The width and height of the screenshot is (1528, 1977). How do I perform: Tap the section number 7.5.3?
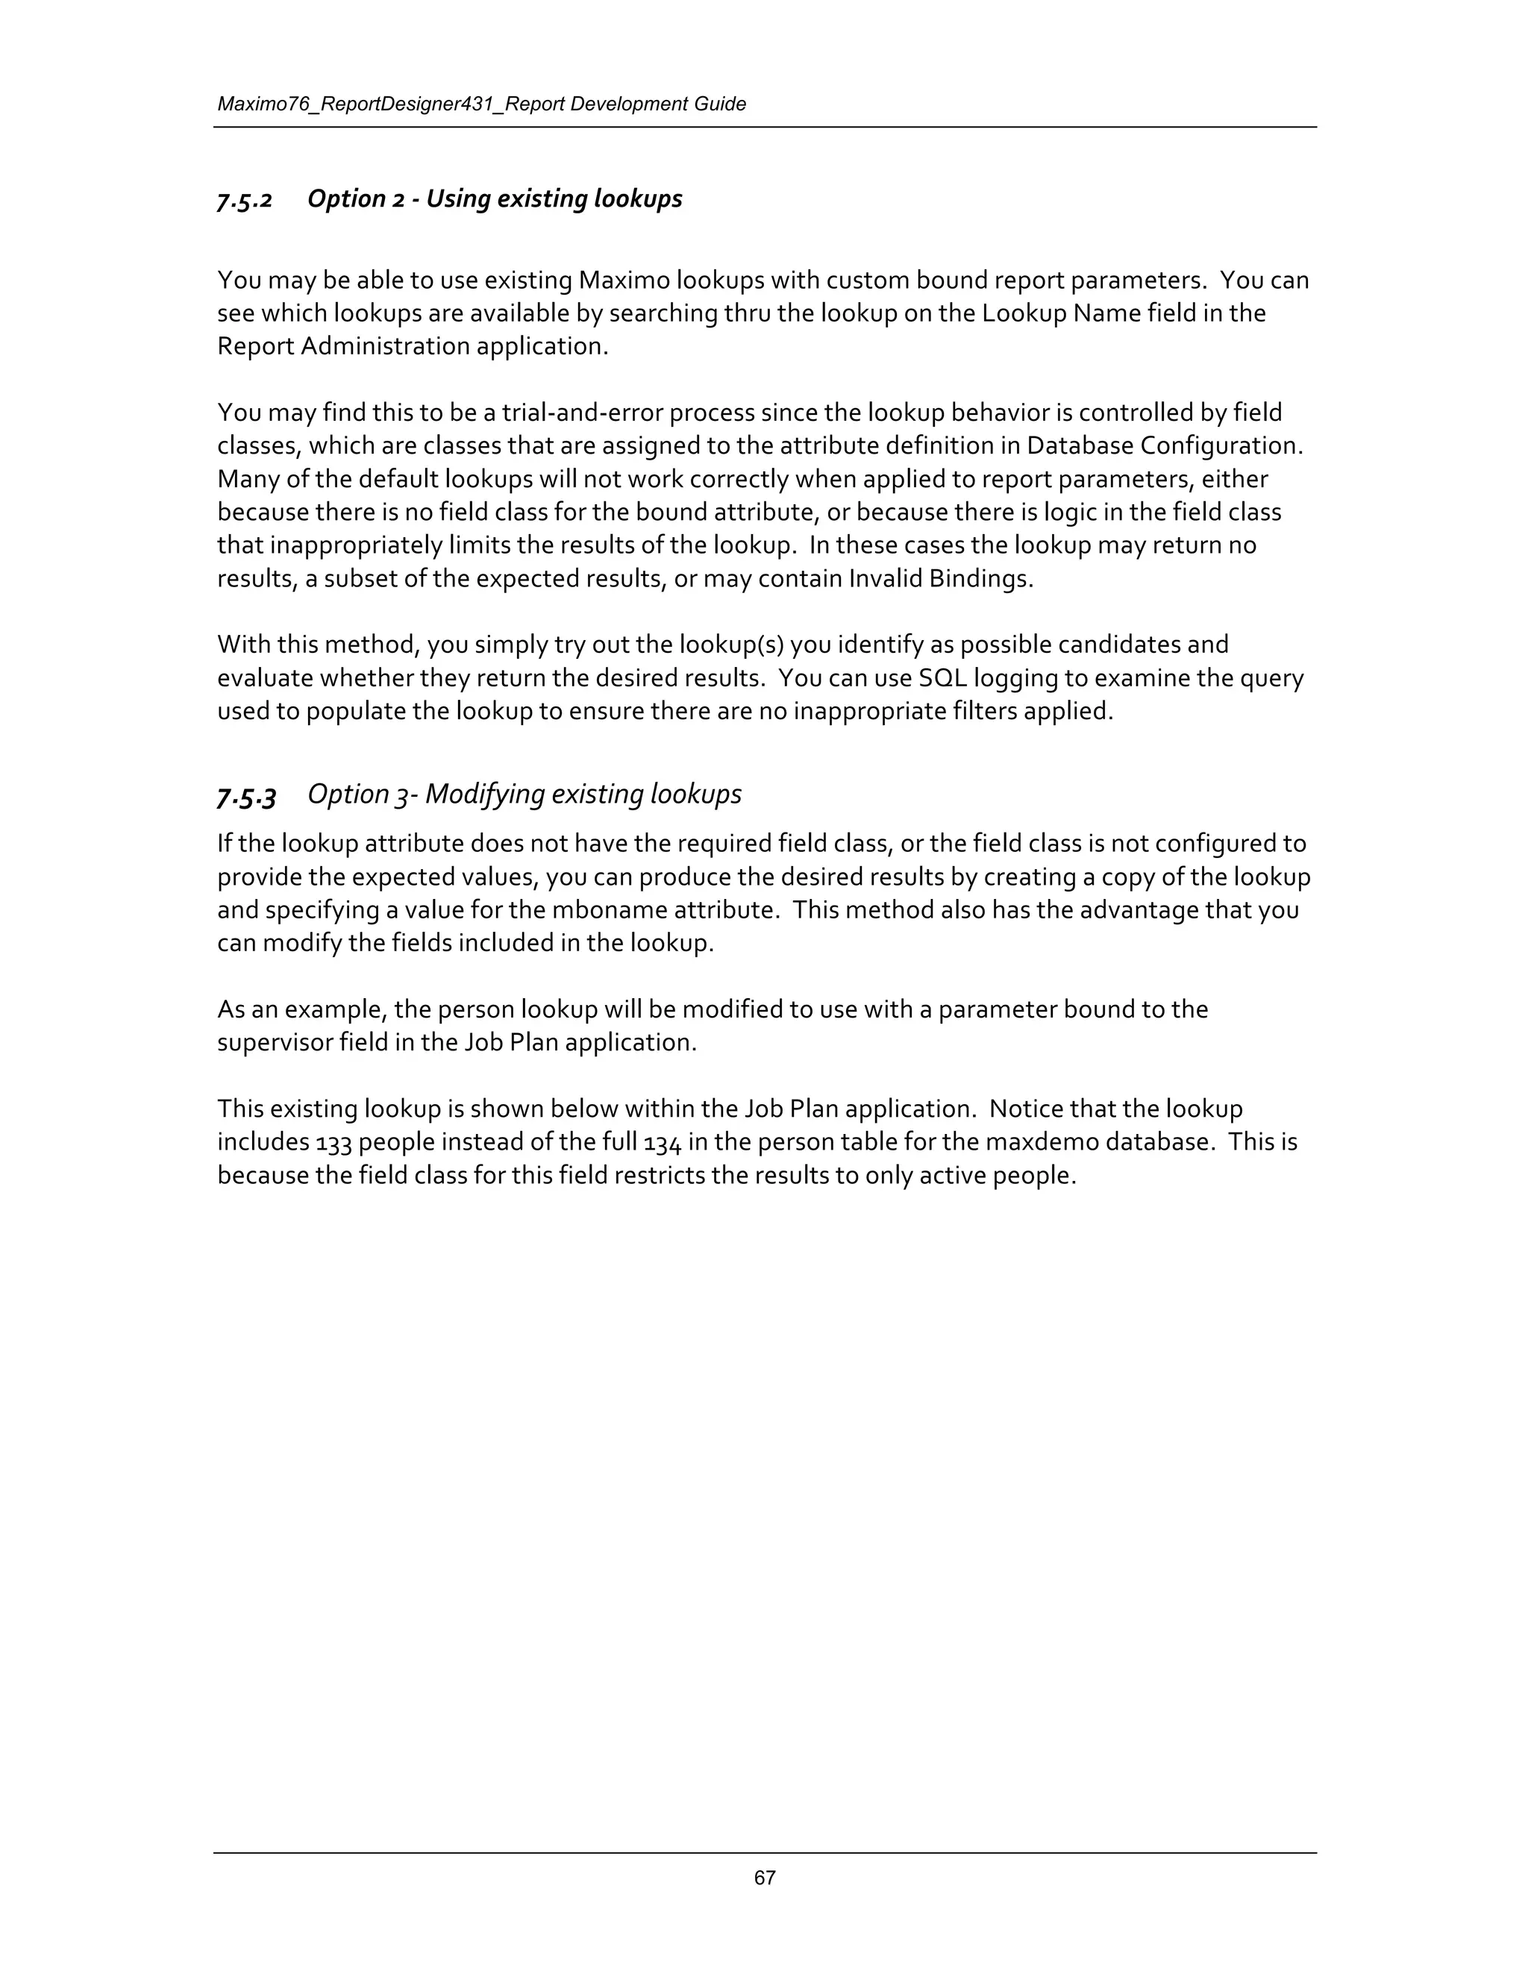pyautogui.click(x=246, y=796)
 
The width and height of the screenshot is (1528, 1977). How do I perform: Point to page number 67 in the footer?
pyautogui.click(x=765, y=1878)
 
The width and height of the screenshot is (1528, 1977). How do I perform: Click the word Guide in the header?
pyautogui.click(x=721, y=104)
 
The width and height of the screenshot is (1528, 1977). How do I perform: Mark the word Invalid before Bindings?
pyautogui.click(x=886, y=578)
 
